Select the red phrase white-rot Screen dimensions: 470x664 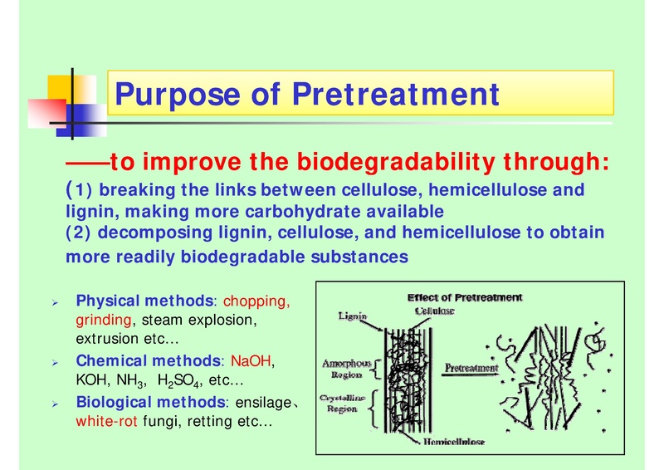(107, 421)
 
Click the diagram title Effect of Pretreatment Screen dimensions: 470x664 (464, 298)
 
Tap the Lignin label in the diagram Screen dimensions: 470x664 (354, 316)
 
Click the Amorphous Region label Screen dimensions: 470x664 (347, 370)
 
